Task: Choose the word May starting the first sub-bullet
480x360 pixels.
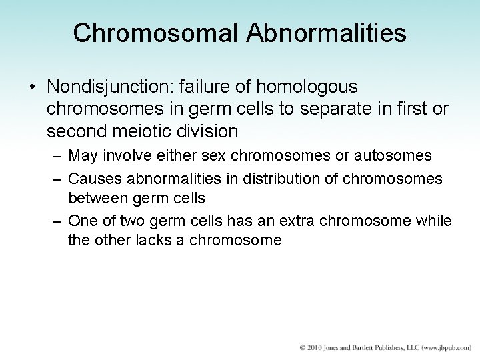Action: pyautogui.click(x=81, y=156)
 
